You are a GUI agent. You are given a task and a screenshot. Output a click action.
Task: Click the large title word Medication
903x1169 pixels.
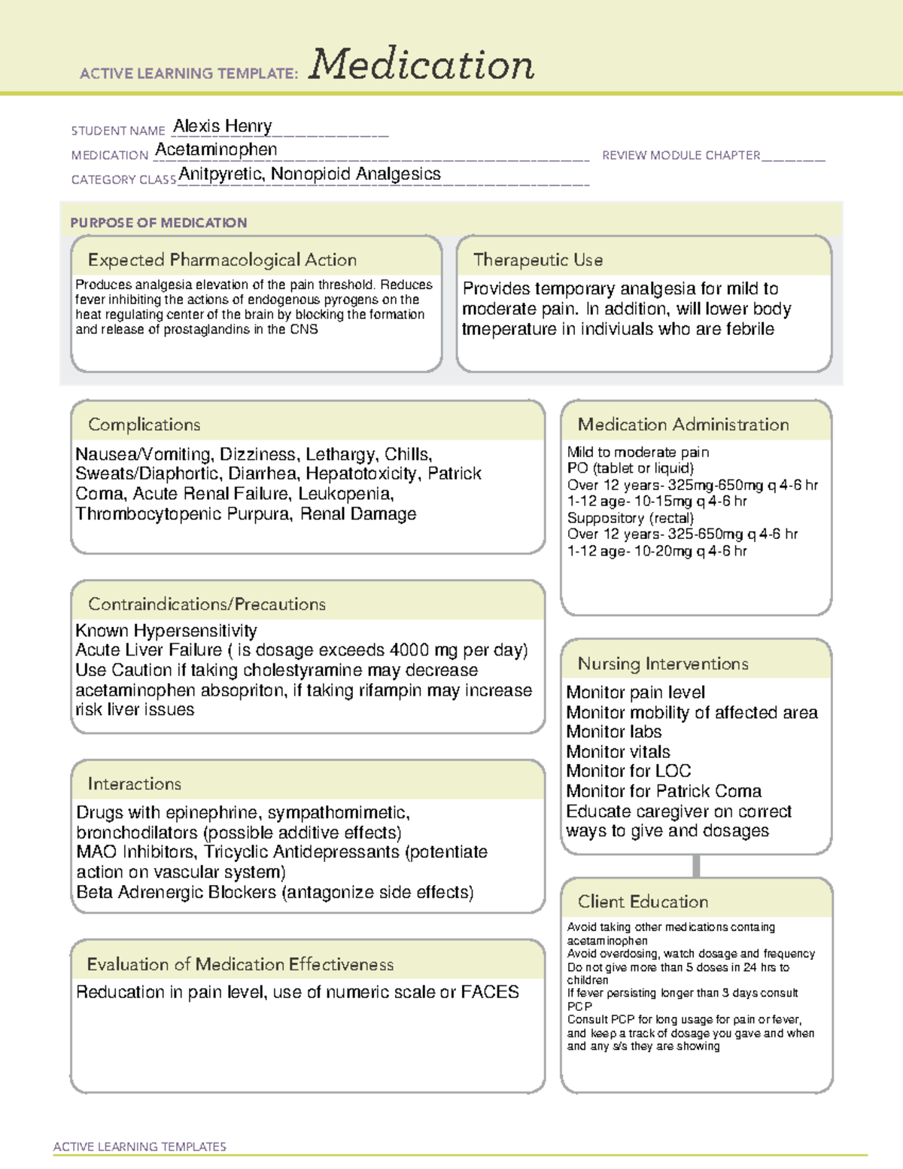(421, 65)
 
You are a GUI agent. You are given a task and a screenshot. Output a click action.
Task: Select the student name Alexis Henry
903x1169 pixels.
(223, 126)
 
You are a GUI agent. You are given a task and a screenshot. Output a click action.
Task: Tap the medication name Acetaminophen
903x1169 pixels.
(216, 150)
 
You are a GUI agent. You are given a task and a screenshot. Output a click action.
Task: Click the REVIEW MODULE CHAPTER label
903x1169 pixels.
(681, 155)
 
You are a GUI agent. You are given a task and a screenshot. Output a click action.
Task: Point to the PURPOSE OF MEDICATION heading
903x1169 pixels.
(158, 223)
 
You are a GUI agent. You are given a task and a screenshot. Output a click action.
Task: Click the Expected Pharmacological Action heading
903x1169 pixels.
(222, 260)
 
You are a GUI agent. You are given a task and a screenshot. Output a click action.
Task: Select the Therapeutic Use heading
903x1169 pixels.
(537, 260)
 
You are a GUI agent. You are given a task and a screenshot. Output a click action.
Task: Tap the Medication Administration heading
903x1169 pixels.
(683, 425)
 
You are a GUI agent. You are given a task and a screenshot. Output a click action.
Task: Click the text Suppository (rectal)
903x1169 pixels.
(630, 518)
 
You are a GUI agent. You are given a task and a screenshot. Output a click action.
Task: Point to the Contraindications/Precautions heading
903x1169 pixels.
(206, 604)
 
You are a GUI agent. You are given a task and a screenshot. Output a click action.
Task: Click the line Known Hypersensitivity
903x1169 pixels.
(166, 630)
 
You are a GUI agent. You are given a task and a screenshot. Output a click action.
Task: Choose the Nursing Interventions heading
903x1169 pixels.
(662, 663)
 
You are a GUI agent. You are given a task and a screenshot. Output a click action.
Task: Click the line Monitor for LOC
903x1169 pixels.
(628, 771)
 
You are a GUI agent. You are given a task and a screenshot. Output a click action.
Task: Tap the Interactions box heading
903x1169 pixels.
(134, 784)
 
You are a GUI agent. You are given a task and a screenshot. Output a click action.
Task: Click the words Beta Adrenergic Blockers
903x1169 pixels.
(176, 892)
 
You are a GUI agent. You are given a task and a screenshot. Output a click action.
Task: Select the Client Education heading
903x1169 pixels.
(643, 901)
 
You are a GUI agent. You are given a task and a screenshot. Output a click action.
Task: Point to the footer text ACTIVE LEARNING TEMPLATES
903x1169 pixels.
(139, 1146)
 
